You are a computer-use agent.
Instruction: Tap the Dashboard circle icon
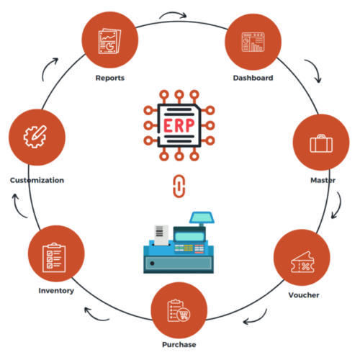253,42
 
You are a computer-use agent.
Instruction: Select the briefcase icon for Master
320,143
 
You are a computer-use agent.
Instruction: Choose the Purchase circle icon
179,310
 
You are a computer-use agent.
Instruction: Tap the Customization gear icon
37,136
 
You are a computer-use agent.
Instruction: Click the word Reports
110,78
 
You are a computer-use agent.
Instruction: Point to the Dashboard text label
253,78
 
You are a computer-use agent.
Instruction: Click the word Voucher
303,295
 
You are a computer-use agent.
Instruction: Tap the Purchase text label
179,345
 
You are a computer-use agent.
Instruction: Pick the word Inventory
56,291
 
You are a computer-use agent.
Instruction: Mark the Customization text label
37,180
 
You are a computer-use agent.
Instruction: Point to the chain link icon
179,185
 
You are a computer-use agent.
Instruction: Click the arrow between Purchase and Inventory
92,312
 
